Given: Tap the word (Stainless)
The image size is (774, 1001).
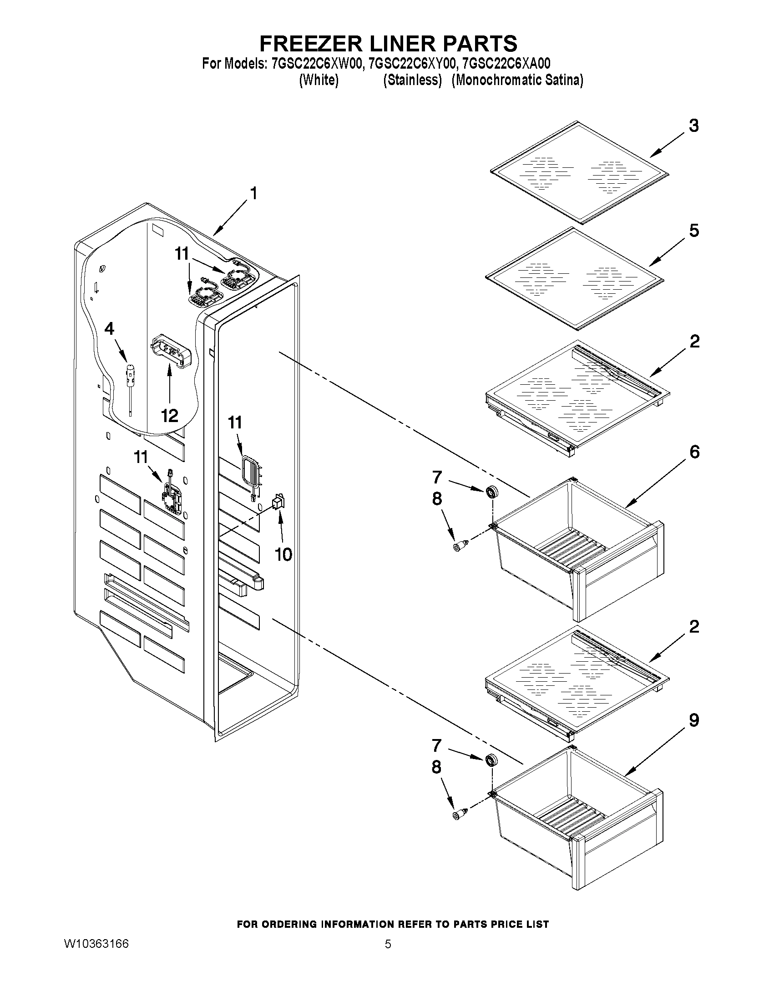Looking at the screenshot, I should [412, 80].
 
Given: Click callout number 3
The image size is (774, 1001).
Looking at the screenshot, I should [694, 126].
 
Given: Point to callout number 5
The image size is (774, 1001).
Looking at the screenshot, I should [694, 231].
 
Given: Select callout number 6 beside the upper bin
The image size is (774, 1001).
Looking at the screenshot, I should [694, 452].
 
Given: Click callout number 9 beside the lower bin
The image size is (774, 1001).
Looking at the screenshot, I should [694, 720].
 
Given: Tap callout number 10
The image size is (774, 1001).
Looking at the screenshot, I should [283, 554].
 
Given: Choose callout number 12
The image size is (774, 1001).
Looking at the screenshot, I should [169, 416].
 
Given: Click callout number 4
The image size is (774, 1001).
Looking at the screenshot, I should [109, 329].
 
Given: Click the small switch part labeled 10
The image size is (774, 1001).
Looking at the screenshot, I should [278, 503].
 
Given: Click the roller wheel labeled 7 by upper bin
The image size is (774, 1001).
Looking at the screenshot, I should [491, 492].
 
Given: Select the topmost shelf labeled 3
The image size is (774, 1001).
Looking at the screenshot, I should [579, 173].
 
